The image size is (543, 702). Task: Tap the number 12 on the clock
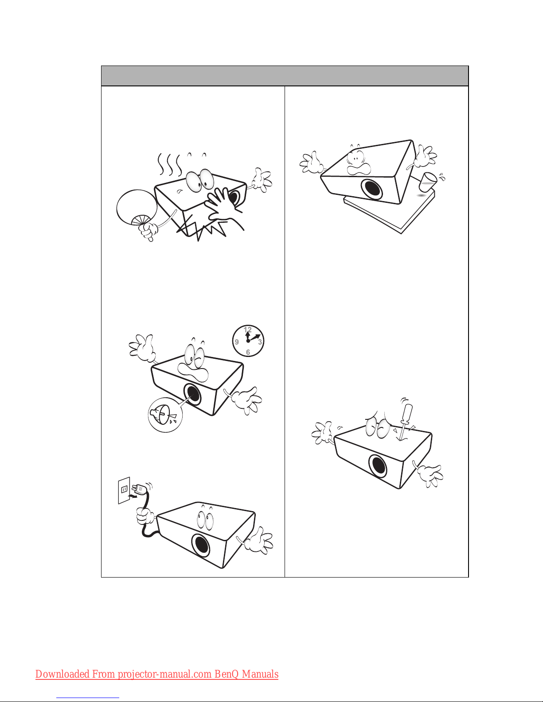click(248, 330)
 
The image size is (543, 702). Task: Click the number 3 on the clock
click(260, 342)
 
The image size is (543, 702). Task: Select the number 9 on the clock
click(237, 342)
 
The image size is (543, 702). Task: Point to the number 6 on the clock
click(248, 352)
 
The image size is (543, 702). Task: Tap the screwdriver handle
click(406, 412)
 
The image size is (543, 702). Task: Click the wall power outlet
click(124, 490)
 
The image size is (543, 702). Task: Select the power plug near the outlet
click(140, 489)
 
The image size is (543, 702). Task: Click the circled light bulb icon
click(165, 415)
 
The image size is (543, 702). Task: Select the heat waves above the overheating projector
click(169, 164)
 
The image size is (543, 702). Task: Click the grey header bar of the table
click(285, 76)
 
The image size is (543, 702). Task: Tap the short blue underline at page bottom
click(88, 698)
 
